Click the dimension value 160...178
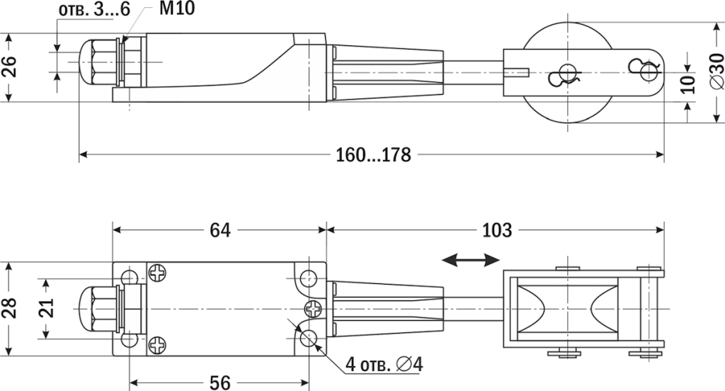pyautogui.click(x=372, y=155)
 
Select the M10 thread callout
pyautogui.click(x=173, y=9)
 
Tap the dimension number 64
pyautogui.click(x=219, y=230)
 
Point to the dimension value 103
pyautogui.click(x=496, y=230)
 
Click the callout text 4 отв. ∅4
pyautogui.click(x=384, y=365)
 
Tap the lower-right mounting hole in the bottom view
pyautogui.click(x=309, y=339)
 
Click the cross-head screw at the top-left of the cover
pyautogui.click(x=156, y=272)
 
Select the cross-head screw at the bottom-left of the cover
pyautogui.click(x=156, y=345)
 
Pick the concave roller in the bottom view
pyautogui.click(x=566, y=310)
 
